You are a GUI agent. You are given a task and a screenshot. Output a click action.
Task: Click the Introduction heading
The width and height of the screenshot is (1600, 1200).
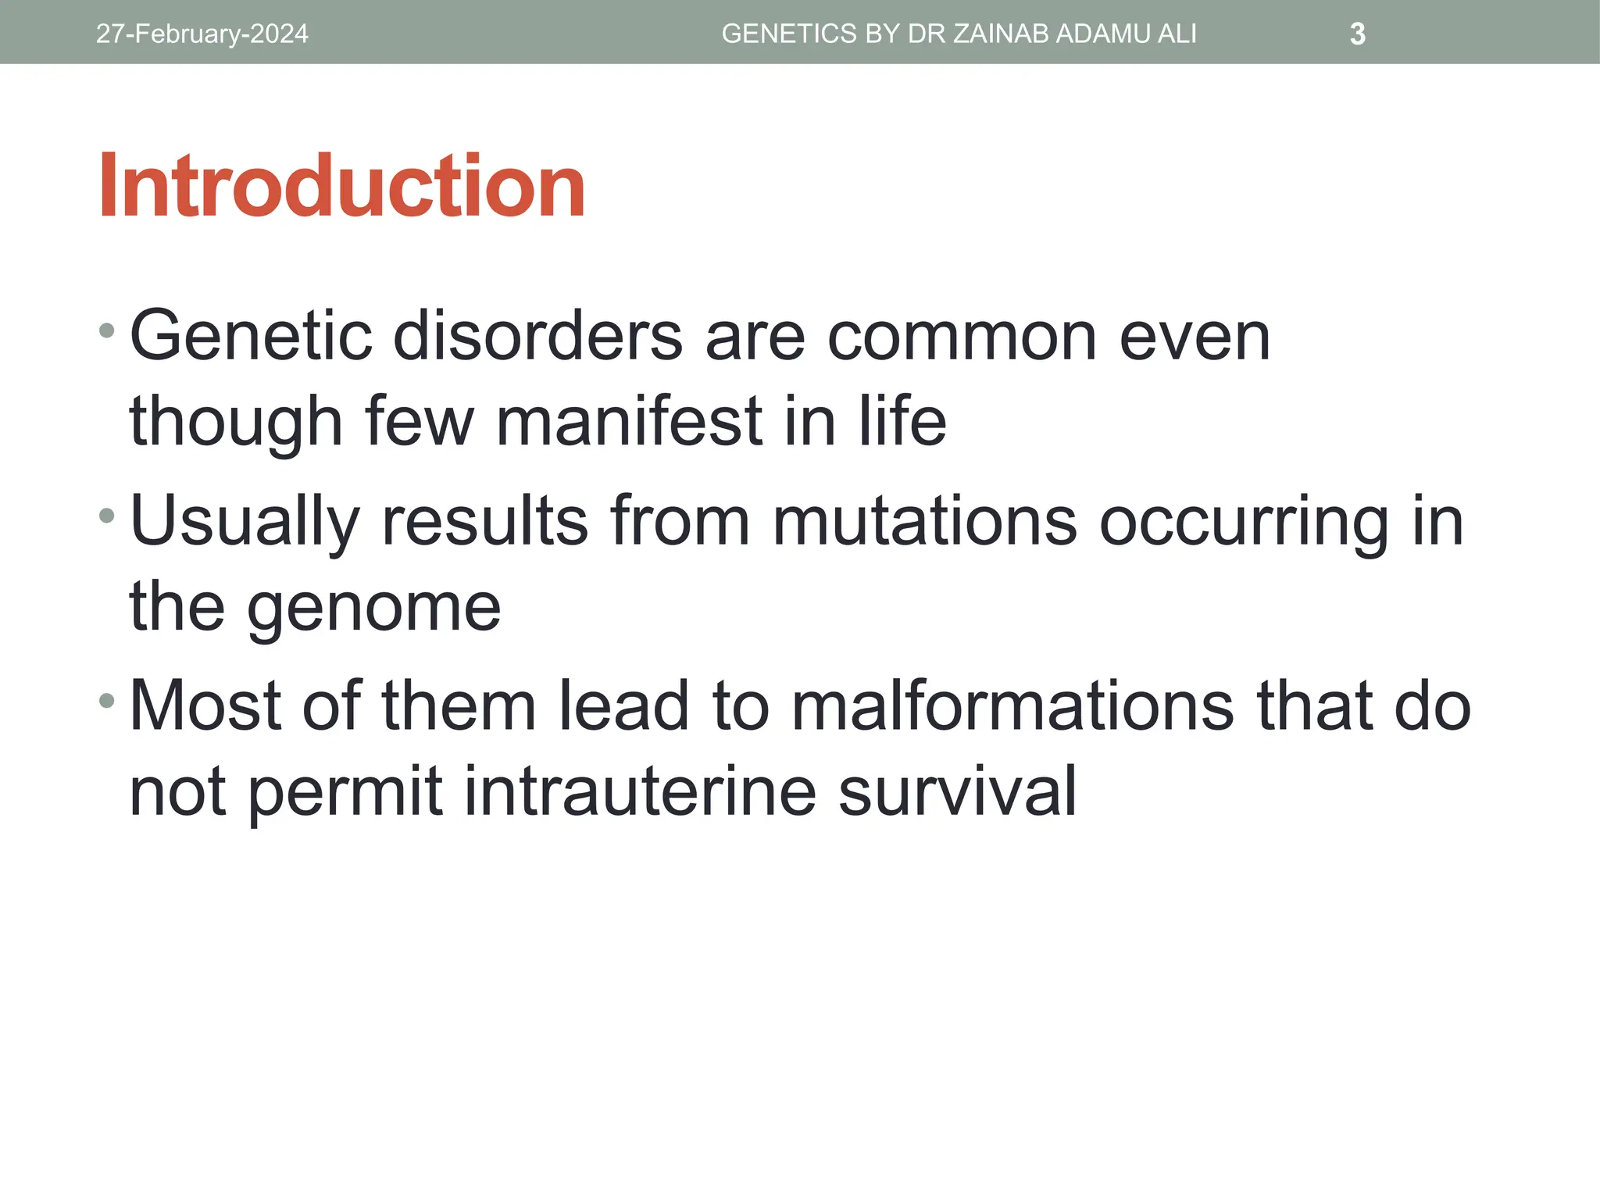click(341, 186)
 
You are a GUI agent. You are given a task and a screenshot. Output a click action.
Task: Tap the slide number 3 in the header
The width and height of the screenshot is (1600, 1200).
click(1358, 34)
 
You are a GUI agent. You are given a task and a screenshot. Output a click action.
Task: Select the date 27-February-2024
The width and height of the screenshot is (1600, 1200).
click(202, 34)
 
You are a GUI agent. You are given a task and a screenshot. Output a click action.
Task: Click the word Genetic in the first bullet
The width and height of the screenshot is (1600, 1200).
click(250, 336)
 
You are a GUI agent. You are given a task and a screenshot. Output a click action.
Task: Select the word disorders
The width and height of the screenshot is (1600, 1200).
click(537, 336)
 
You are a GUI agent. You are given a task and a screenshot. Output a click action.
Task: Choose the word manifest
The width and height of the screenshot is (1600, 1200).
click(629, 422)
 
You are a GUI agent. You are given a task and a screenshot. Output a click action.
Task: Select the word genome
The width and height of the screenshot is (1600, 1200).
click(374, 608)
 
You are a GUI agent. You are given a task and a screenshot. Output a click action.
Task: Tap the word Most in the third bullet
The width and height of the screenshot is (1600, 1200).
click(205, 706)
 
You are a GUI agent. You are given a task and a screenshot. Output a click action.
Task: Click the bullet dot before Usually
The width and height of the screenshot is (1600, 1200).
click(107, 516)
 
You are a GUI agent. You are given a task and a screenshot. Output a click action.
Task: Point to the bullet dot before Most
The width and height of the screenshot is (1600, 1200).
click(107, 700)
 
